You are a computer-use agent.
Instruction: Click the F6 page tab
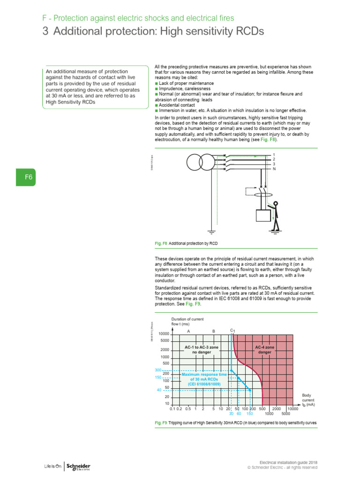pos(28,178)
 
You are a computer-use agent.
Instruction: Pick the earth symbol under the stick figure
pos(276,230)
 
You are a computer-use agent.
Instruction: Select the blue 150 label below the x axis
pos(250,414)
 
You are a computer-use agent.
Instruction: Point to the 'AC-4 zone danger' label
pos(265,350)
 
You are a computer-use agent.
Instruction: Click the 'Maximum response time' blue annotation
pos(204,379)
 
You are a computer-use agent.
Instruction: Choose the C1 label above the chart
pos(232,331)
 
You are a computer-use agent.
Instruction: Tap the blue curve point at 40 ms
pos(250,390)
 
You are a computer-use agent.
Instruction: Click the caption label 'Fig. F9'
pos(160,423)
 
